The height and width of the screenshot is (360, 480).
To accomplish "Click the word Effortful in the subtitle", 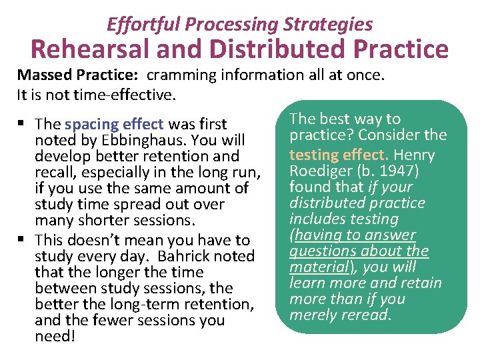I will (143, 25).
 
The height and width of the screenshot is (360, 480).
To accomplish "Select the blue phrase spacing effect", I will (114, 124).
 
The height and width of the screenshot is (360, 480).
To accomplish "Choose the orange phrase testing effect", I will (338, 155).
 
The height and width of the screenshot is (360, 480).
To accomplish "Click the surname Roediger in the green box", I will (317, 171).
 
